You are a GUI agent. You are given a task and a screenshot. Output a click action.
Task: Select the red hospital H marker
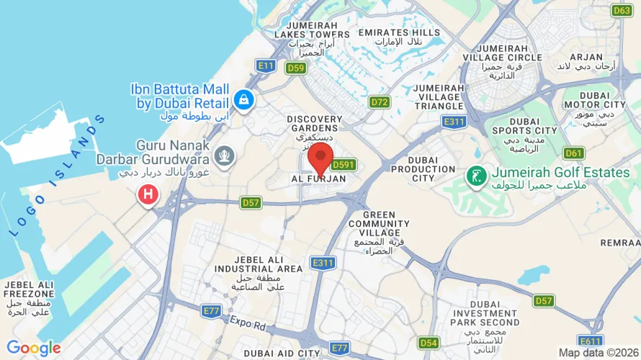pos(148,194)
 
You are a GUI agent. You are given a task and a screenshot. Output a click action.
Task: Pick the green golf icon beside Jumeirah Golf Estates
pos(475,174)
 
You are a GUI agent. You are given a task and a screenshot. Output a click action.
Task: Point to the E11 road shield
pos(266,66)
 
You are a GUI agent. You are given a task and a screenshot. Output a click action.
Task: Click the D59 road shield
pos(295,68)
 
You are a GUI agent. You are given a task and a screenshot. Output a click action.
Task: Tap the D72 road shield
pos(380,102)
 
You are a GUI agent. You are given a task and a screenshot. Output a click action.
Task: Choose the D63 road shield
pos(622,10)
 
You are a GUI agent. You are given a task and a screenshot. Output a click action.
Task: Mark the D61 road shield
pos(574,153)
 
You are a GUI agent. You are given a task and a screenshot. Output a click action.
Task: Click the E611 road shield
pos(591,341)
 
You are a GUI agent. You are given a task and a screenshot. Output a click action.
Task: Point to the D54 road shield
pos(429,343)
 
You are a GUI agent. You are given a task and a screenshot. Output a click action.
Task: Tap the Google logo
pos(34,348)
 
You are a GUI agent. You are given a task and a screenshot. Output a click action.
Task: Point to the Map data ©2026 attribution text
pos(597,353)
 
